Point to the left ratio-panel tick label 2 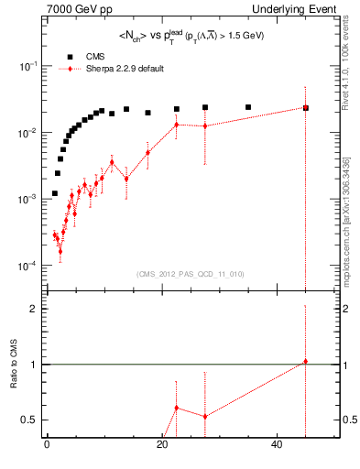33,309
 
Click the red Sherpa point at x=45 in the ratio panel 306,362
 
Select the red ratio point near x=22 176,408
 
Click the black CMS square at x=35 248,107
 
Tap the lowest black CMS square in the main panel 55,193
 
